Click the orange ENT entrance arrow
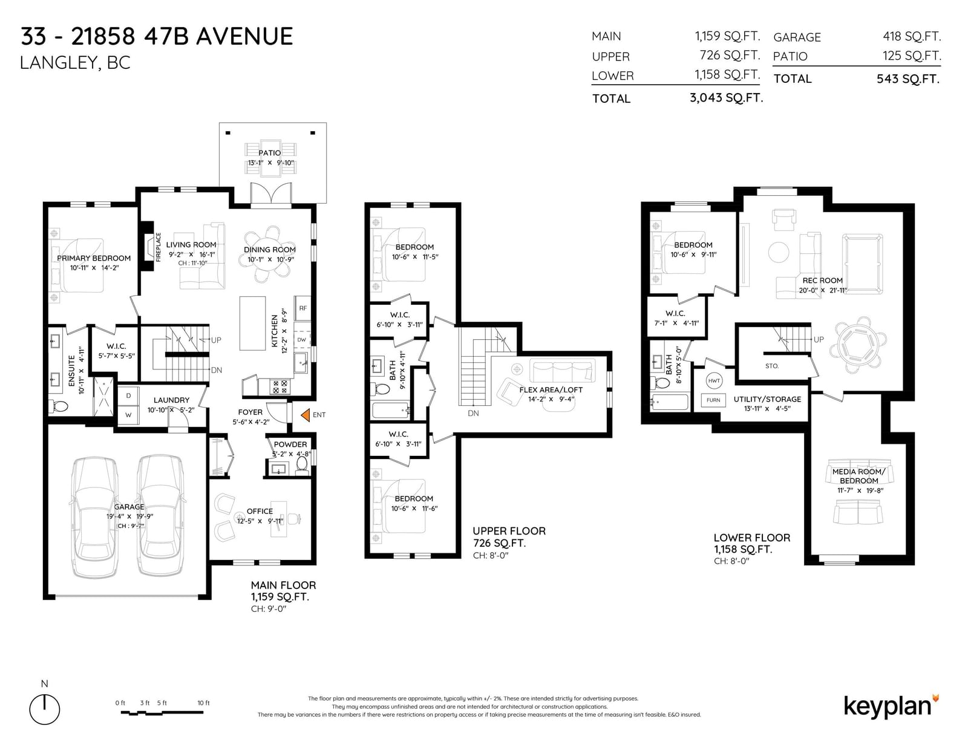click(305, 415)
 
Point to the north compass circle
click(45, 709)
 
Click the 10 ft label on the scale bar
click(203, 703)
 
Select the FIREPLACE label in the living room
click(158, 247)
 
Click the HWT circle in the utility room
click(714, 381)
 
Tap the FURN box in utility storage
click(713, 400)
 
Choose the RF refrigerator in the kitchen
click(303, 308)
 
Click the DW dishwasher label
click(301, 340)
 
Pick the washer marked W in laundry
click(128, 415)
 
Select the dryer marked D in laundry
click(128, 395)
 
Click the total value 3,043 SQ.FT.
click(726, 98)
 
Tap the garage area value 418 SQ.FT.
click(911, 36)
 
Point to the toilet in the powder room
click(301, 465)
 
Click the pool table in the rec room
click(862, 264)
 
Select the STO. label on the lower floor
click(772, 366)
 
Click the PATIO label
click(269, 153)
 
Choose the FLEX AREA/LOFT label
click(551, 389)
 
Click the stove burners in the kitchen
click(280, 386)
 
